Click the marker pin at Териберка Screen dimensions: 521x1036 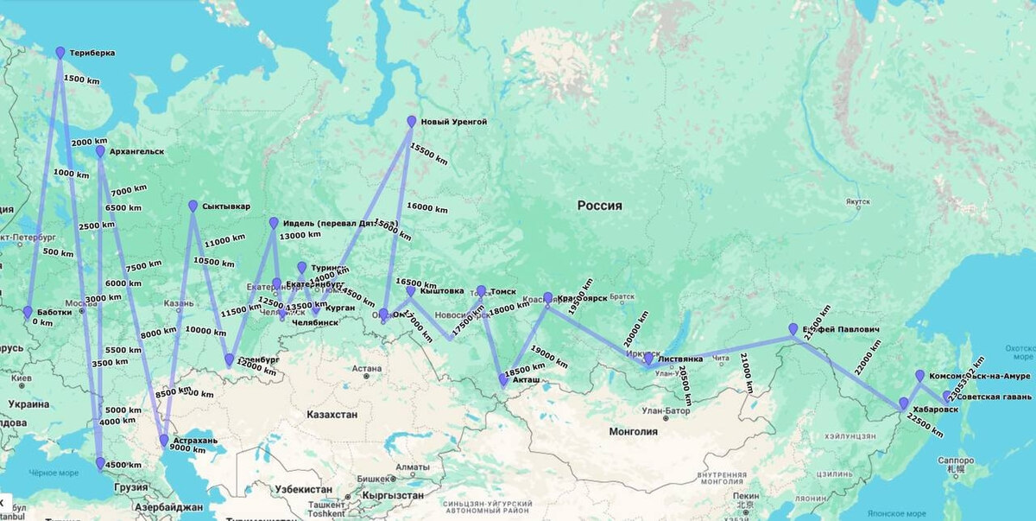(x=60, y=53)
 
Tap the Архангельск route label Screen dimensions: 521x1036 (x=136, y=152)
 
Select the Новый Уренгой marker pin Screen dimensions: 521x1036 (x=412, y=122)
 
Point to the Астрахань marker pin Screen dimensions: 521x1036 (x=164, y=441)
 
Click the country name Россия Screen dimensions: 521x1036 (x=599, y=206)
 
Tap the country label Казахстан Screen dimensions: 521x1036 (x=332, y=415)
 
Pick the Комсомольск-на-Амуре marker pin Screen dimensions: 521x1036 (x=920, y=376)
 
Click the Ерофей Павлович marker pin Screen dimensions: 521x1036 (x=793, y=329)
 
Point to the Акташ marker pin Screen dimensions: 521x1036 (x=503, y=379)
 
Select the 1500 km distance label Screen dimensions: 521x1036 (x=81, y=79)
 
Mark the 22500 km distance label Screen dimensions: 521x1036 (x=925, y=425)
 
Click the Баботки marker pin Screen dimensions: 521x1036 (x=28, y=312)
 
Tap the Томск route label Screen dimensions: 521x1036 (x=503, y=292)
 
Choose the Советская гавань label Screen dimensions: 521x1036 (x=989, y=397)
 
